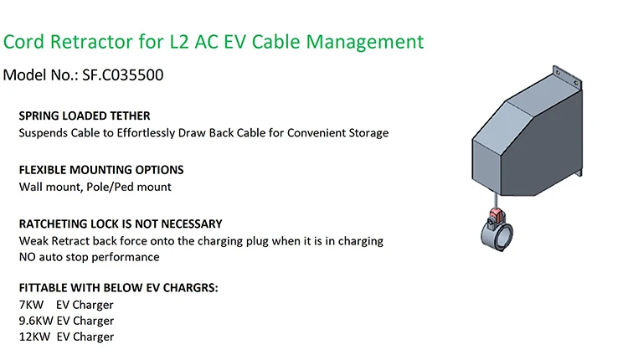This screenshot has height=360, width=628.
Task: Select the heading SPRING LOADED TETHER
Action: click(x=85, y=116)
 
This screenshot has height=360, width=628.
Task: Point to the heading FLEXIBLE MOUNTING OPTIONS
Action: click(x=100, y=170)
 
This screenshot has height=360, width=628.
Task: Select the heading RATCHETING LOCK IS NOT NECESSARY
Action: click(x=121, y=224)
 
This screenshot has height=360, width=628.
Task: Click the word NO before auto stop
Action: click(x=28, y=257)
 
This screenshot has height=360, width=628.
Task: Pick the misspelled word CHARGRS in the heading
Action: click(x=191, y=288)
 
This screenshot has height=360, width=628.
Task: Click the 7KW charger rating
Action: click(x=31, y=305)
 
